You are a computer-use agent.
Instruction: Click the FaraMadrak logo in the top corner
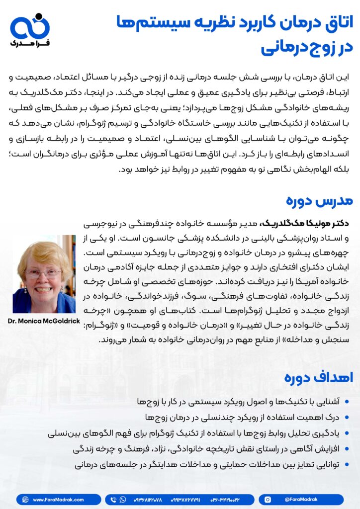click(x=30, y=30)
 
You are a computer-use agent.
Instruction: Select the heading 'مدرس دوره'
click(x=326, y=200)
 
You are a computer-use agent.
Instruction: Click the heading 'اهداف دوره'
click(x=326, y=377)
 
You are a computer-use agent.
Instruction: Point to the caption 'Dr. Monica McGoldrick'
click(x=44, y=321)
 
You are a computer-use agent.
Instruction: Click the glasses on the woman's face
click(x=43, y=273)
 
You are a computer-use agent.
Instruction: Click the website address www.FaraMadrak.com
click(x=58, y=500)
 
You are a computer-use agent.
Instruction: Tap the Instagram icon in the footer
click(x=268, y=500)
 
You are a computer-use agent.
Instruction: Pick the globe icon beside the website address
click(x=24, y=500)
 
